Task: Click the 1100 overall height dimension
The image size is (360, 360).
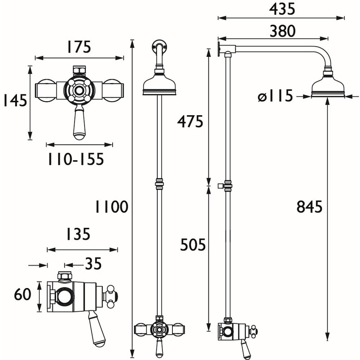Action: pyautogui.click(x=111, y=207)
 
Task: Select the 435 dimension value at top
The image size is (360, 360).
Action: pyautogui.click(x=282, y=9)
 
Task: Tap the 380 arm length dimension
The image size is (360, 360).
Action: pyautogui.click(x=282, y=31)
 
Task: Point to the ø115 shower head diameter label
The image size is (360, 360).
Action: pyautogui.click(x=275, y=96)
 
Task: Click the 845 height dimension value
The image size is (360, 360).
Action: pyautogui.click(x=309, y=207)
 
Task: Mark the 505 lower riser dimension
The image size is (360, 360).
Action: pyautogui.click(x=193, y=245)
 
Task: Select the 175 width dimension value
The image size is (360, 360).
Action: pyautogui.click(x=78, y=47)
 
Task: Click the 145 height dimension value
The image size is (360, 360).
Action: pyautogui.click(x=15, y=100)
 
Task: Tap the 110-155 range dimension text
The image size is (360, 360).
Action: pyautogui.click(x=76, y=159)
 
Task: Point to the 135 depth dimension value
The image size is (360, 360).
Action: pyautogui.click(x=77, y=235)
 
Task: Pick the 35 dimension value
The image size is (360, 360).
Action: pyautogui.click(x=93, y=265)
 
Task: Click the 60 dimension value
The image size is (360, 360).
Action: pyautogui.click(x=22, y=295)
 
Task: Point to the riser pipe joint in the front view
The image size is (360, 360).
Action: pyautogui.click(x=159, y=184)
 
